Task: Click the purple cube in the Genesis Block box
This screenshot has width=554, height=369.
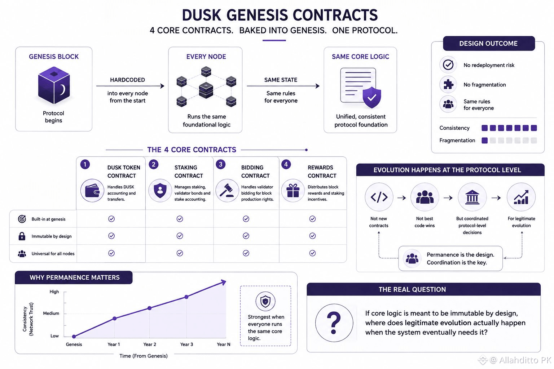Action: click(x=54, y=85)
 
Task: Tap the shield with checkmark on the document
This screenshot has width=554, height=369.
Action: click(x=372, y=97)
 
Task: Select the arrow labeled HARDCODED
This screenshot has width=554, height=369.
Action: click(x=130, y=86)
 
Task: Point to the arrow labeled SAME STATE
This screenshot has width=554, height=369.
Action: click(x=283, y=86)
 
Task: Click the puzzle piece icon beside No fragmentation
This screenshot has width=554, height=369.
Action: click(x=448, y=85)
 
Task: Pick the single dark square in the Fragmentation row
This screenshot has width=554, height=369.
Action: click(x=485, y=141)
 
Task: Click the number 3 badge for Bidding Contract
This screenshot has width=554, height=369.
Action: click(x=221, y=164)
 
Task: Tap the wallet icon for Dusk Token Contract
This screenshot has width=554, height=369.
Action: click(x=92, y=191)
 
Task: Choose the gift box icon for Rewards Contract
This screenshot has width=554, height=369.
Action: click(x=293, y=191)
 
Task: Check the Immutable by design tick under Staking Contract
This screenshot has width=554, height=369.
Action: click(x=180, y=236)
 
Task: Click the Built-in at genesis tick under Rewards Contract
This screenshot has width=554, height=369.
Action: click(x=313, y=219)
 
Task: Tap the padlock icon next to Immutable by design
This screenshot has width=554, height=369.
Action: click(x=22, y=236)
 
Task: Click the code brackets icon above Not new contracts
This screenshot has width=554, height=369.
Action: click(x=379, y=197)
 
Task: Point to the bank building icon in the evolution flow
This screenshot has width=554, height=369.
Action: click(x=472, y=197)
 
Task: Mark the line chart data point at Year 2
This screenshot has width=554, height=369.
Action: click(x=150, y=308)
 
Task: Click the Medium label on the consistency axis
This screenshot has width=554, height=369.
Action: click(x=51, y=314)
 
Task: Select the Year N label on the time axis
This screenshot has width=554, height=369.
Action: click(x=224, y=344)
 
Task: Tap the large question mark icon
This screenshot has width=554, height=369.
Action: click(x=334, y=323)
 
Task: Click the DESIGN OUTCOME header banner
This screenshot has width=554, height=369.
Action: click(x=489, y=44)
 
